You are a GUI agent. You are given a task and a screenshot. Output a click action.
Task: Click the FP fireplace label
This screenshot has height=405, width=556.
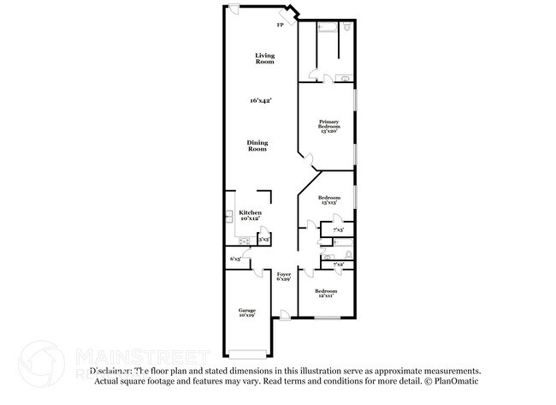point(280,25)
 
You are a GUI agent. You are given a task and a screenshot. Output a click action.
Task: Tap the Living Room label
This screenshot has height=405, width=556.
point(264,58)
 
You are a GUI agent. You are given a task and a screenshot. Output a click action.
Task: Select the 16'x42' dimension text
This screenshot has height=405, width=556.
point(261,101)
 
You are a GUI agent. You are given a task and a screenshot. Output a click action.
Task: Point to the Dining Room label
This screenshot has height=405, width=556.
point(257,145)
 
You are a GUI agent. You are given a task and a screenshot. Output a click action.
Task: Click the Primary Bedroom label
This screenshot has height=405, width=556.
point(329,127)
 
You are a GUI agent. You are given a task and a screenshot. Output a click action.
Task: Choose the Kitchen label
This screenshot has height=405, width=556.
point(250,215)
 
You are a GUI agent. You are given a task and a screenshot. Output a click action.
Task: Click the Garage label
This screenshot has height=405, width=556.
point(246,313)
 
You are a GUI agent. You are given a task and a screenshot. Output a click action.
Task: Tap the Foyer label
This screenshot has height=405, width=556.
point(284,277)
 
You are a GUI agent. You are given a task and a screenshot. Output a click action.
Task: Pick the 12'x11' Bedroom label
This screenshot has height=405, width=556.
point(325,294)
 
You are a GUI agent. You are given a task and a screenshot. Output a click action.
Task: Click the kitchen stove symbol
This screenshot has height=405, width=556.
point(244,241)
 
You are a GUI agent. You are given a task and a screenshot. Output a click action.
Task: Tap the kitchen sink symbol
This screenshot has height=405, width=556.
point(229,214)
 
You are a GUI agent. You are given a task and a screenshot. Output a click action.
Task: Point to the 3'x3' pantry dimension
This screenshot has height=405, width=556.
point(264,240)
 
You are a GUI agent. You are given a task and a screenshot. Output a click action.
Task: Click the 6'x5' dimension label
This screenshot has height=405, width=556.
point(235,259)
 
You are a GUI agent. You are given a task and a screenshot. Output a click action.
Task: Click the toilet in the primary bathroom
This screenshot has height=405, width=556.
point(346,30)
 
